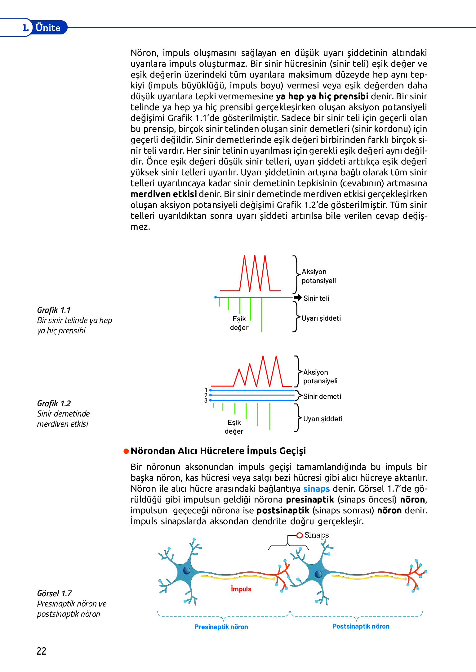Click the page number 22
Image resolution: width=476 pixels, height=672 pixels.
click(42, 651)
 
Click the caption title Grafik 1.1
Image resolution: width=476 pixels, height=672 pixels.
click(54, 310)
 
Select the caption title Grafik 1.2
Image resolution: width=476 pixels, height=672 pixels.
click(54, 404)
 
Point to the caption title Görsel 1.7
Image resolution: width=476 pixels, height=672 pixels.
click(54, 593)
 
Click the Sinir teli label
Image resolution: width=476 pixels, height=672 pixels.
click(316, 298)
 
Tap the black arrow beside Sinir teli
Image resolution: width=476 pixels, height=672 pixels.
click(298, 298)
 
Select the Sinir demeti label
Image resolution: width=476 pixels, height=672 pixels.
click(322, 396)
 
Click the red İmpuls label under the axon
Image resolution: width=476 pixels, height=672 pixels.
click(241, 589)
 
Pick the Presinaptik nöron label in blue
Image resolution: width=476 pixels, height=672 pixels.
click(221, 627)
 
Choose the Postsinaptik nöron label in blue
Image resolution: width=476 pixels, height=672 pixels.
click(361, 626)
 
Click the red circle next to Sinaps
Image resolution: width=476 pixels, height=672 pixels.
click(300, 535)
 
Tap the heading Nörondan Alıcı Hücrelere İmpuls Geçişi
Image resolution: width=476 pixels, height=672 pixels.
click(218, 451)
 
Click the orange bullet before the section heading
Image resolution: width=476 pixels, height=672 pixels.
click(126, 451)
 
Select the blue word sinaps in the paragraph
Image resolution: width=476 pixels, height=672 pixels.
click(316, 489)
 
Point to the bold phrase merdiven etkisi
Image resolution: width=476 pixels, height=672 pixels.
click(164, 194)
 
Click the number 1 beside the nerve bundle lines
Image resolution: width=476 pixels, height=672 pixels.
click(206, 390)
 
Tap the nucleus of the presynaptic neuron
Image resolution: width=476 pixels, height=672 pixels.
click(186, 570)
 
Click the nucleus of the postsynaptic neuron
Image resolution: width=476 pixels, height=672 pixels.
click(318, 574)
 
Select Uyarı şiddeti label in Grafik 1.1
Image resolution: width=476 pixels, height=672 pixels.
click(321, 318)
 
